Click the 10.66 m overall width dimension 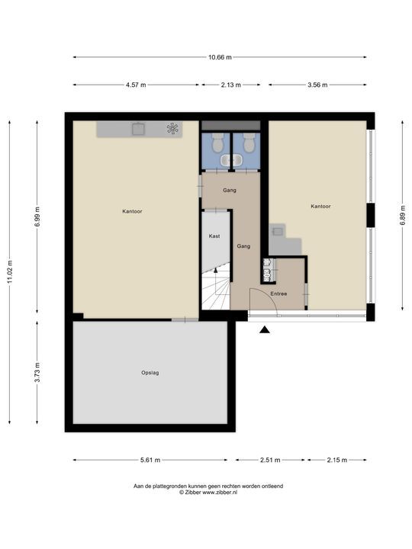click(x=220, y=57)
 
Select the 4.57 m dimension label click(x=137, y=85)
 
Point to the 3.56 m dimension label click(x=317, y=85)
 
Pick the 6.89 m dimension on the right click(x=402, y=210)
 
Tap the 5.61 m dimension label click(x=150, y=460)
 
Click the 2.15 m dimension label click(x=336, y=460)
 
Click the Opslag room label click(x=150, y=373)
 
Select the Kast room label click(x=215, y=236)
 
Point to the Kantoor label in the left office click(x=132, y=211)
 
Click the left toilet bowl click(x=217, y=142)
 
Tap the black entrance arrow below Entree click(x=265, y=329)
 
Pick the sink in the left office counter click(x=138, y=129)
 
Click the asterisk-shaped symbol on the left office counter click(x=173, y=129)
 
